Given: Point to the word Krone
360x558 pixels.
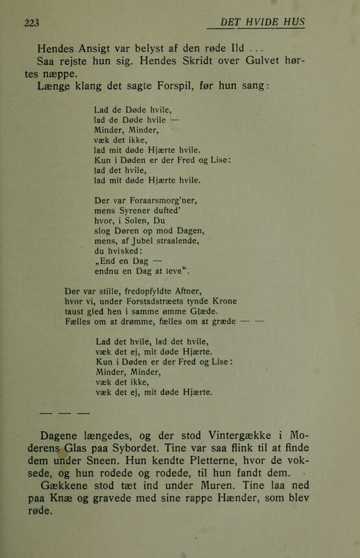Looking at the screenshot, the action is point(222,300).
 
